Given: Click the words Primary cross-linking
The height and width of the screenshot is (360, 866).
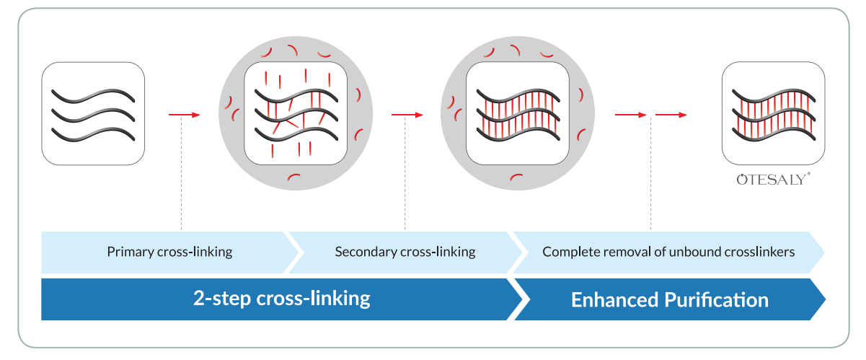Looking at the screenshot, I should point(169,252).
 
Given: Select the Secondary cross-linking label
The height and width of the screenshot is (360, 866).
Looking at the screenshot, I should point(405,252).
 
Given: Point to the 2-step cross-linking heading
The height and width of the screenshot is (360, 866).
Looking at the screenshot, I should point(281,298).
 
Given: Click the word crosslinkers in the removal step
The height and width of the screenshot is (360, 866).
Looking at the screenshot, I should point(761,252).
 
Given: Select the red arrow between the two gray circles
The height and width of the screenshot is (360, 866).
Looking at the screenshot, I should point(406,114).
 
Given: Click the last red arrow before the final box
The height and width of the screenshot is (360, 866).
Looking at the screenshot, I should point(671,114).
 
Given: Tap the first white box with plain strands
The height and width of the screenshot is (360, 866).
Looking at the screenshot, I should point(93,114).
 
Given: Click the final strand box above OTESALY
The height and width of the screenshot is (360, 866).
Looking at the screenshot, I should point(774,113).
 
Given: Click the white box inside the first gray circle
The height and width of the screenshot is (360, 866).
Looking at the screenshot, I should point(296,113).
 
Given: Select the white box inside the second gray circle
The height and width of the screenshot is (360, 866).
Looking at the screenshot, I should point(518,113).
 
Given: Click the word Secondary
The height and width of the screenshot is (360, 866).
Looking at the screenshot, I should point(363,252).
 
